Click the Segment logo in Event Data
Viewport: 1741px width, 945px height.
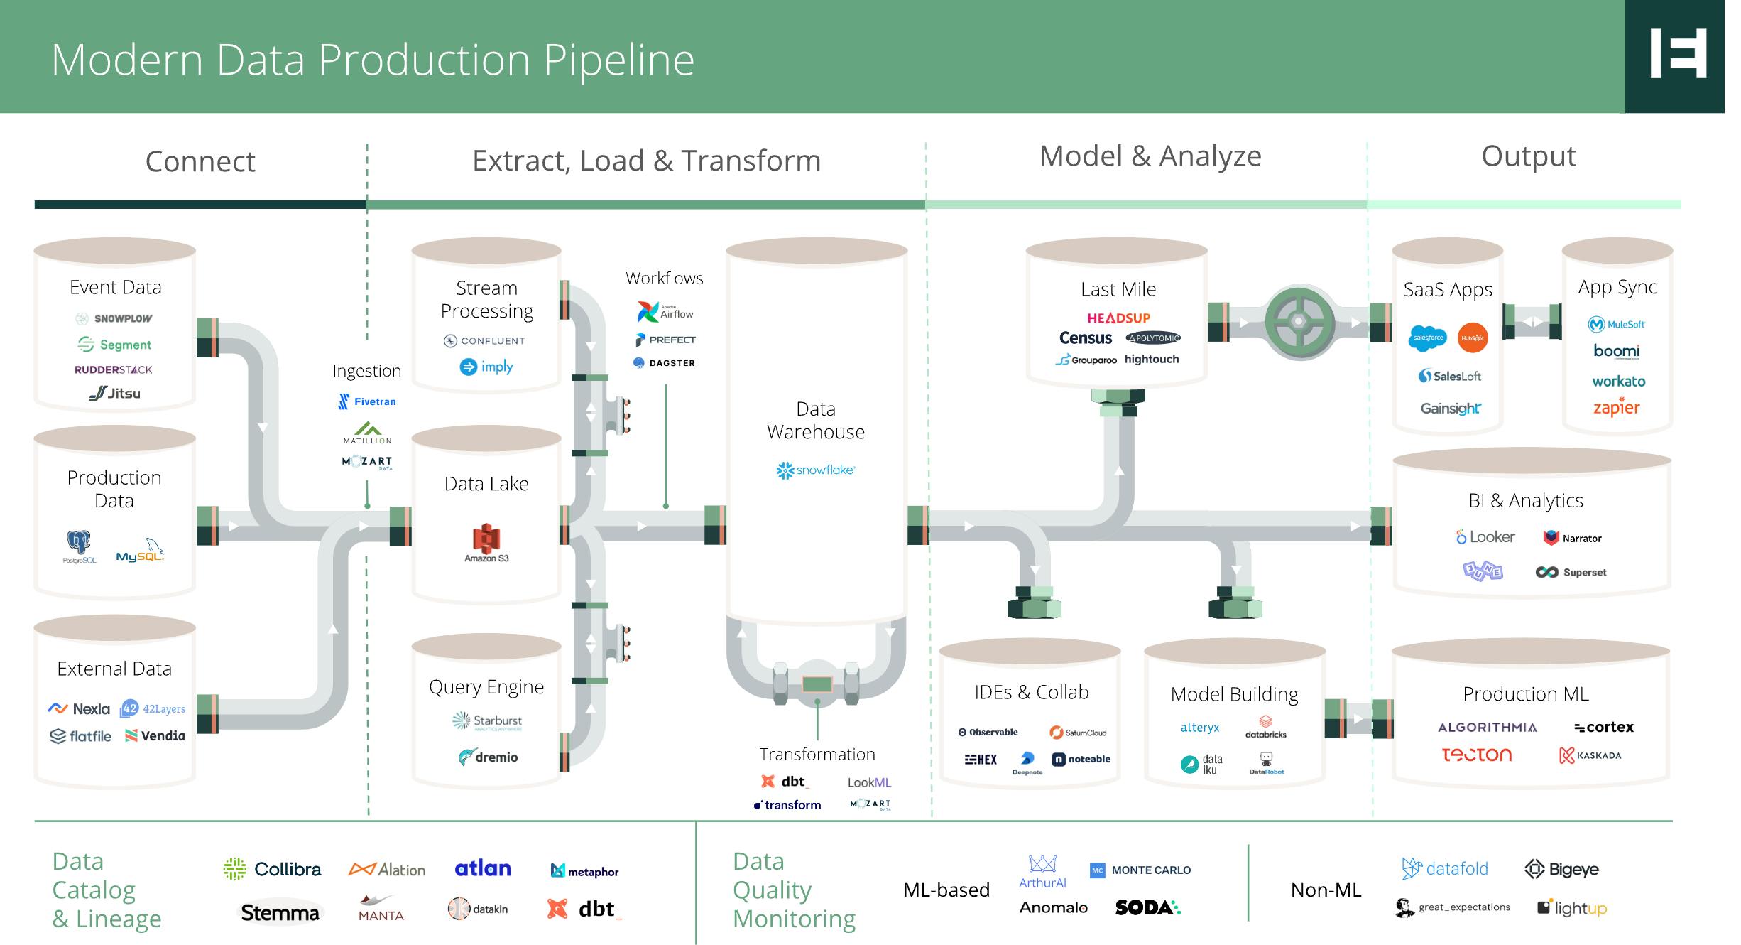tap(114, 345)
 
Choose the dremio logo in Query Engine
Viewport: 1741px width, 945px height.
tap(488, 757)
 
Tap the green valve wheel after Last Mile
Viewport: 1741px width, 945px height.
tap(1298, 322)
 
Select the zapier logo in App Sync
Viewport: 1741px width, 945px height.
tap(1616, 407)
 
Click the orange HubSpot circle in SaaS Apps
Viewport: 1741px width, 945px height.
tap(1472, 338)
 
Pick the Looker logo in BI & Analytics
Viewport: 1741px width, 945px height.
tap(1485, 537)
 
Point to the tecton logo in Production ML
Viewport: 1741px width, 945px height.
tap(1476, 755)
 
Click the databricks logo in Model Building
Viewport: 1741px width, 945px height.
tap(1265, 727)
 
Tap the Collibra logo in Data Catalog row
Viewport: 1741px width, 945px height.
tap(272, 869)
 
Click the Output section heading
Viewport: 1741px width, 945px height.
tap(1528, 156)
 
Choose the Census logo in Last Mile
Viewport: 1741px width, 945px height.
tap(1085, 338)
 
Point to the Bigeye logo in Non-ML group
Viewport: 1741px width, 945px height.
tap(1561, 869)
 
